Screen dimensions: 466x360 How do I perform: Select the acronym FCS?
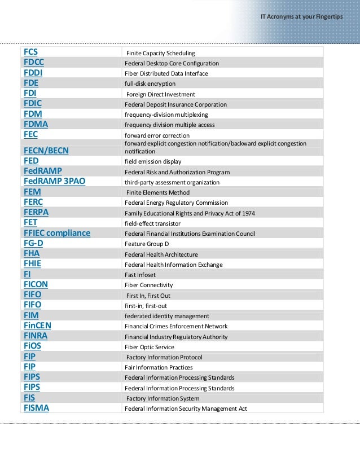tap(31, 52)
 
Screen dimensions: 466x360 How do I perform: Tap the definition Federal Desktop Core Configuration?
tap(172, 63)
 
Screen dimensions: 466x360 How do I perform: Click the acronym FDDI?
tap(33, 73)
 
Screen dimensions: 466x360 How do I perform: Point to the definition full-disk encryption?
tap(150, 83)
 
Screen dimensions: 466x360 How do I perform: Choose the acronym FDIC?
tap(33, 104)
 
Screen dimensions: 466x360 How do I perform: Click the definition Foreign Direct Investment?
tap(161, 94)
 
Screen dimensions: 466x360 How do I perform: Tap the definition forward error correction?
tap(157, 135)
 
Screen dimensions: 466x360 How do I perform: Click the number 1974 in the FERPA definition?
tap(246, 213)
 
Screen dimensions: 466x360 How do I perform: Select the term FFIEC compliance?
tap(57, 233)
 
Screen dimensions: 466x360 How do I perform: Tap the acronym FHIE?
tap(33, 264)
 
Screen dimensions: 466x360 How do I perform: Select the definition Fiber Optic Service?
tap(150, 347)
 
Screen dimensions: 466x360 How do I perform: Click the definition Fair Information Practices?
tap(159, 367)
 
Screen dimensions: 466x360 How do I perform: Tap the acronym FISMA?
tap(36, 408)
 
